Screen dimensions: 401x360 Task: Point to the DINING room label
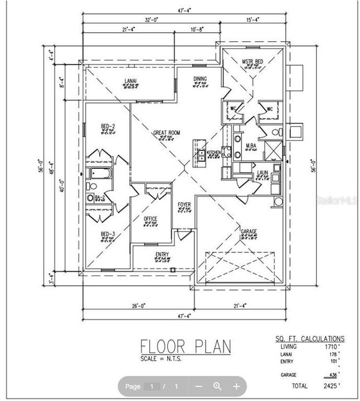200,79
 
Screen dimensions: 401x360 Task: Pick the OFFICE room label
150,218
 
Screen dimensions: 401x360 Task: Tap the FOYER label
184,204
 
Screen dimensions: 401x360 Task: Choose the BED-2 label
108,126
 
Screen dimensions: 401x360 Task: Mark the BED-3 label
108,234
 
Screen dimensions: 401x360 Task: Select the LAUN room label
263,173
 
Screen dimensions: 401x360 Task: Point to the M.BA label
251,145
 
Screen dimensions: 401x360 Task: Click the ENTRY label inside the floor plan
162,255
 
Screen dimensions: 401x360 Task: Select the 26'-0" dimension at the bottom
139,305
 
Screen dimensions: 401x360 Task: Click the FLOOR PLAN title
185,346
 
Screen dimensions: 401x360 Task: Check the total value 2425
330,384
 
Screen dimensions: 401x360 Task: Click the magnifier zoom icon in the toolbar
217,386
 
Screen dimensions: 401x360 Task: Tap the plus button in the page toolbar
236,386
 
